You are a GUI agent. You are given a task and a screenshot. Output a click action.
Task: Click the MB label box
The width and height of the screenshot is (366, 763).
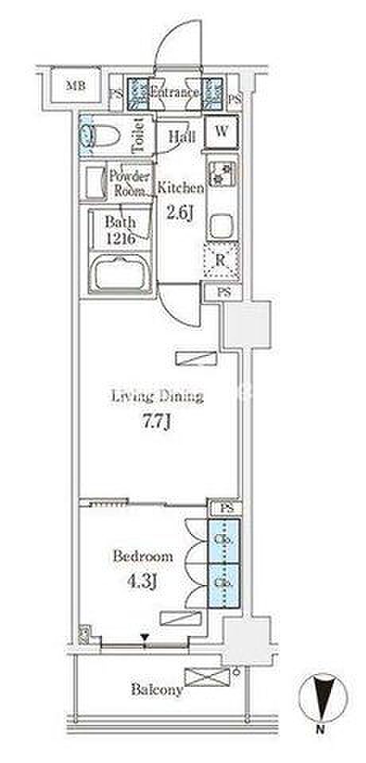(x=76, y=86)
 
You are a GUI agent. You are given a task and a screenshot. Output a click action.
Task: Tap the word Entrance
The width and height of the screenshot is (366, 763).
(x=174, y=92)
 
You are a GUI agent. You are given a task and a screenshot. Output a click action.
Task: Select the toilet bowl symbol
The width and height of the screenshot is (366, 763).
(x=100, y=135)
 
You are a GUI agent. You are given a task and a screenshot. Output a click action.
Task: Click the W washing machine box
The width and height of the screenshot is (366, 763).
(x=222, y=131)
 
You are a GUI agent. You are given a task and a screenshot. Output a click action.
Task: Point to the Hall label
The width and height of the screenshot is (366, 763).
(x=181, y=137)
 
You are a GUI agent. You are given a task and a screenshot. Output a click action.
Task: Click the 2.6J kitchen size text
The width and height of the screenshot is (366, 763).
(x=179, y=214)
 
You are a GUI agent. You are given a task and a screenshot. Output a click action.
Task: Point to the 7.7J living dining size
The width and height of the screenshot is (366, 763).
(x=157, y=422)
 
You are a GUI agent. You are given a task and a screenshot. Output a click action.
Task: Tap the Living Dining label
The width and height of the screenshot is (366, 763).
(x=157, y=397)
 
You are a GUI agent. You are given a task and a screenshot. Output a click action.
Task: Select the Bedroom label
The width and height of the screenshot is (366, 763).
(x=142, y=556)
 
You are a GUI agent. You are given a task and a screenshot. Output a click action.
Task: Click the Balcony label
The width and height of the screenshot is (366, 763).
(x=157, y=689)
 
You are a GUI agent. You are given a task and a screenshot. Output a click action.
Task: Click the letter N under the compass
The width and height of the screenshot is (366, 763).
(x=320, y=729)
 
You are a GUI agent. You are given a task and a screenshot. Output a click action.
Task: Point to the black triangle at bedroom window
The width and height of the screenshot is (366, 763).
(x=145, y=637)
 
